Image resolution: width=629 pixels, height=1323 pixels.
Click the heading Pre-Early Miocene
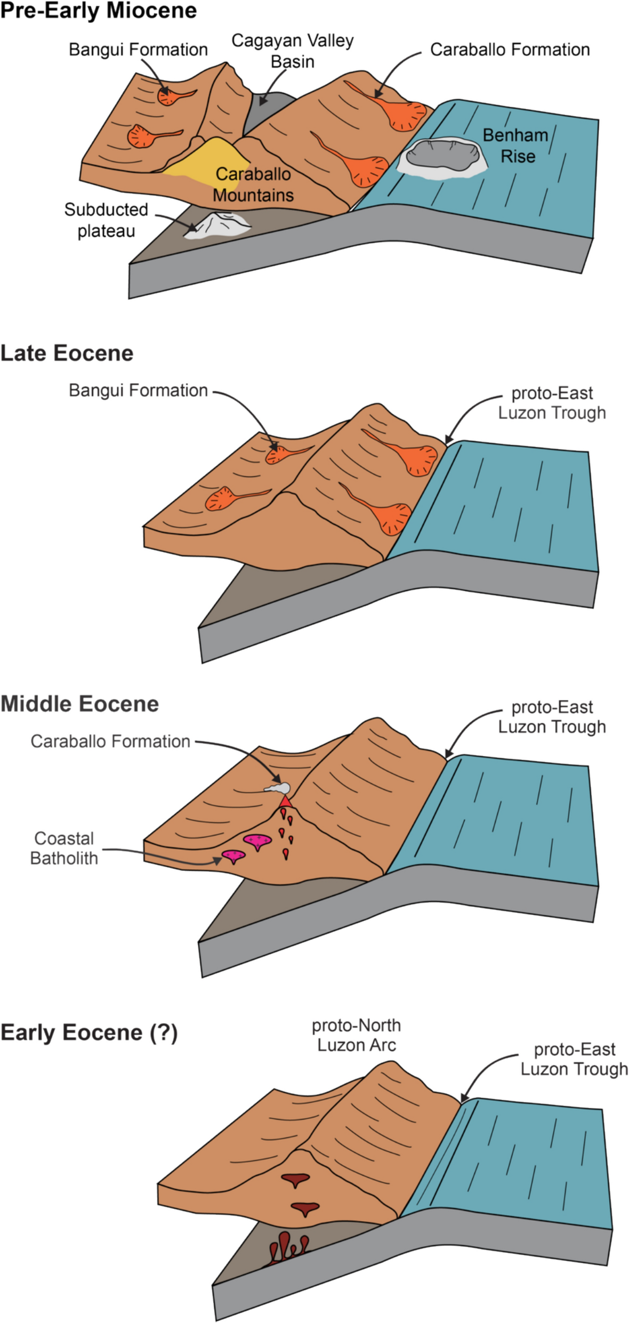(99, 11)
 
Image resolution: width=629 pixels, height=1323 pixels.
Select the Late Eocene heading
(67, 353)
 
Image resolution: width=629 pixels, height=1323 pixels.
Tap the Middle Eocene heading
(79, 704)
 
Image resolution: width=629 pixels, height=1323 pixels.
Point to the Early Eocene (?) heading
(89, 1032)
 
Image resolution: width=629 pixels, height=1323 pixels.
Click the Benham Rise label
(515, 146)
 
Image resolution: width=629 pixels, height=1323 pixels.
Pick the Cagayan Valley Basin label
(292, 51)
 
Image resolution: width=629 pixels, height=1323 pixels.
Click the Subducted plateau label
(106, 220)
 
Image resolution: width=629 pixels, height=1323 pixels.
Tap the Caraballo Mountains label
(253, 184)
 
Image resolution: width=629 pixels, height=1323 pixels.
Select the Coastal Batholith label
(64, 848)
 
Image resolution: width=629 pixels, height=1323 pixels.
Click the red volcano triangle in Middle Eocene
(286, 802)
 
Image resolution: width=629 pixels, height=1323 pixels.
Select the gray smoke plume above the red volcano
(279, 788)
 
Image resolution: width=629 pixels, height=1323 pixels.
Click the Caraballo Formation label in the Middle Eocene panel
(110, 741)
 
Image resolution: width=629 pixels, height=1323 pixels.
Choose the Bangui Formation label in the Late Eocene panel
(138, 391)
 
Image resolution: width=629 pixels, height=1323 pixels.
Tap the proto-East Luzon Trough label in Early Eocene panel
(574, 1059)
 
